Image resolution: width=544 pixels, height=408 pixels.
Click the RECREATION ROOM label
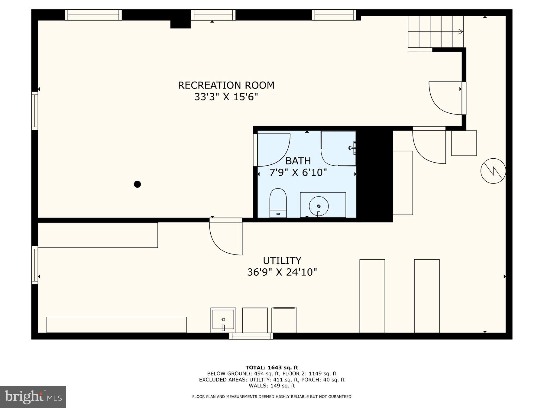coord(226,85)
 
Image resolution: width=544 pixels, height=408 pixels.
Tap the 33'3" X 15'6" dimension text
coord(226,97)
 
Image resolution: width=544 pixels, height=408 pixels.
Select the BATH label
coord(298,161)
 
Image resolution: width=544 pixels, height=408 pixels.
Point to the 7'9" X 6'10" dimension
coord(298,173)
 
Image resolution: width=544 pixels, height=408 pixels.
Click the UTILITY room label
coord(282,261)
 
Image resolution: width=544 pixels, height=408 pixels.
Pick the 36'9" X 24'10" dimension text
coord(282,272)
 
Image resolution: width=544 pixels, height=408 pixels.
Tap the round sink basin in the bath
coord(319,206)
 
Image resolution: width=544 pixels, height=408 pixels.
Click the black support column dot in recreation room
coord(137,184)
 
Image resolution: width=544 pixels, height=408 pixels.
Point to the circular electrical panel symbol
coord(493,171)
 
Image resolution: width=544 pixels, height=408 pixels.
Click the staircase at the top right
coord(435,32)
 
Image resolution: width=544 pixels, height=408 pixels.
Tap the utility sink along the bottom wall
coord(223,320)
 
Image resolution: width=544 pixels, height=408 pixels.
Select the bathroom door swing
coord(272,150)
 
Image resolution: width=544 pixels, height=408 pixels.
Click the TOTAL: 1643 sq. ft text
coord(272,368)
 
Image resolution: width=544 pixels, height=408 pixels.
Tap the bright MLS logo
coord(33,397)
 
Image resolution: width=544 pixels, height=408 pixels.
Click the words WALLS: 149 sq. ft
coord(272,386)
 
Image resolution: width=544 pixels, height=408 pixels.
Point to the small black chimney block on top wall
coord(180,24)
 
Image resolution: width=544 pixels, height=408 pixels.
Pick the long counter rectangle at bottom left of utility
coord(116,325)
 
